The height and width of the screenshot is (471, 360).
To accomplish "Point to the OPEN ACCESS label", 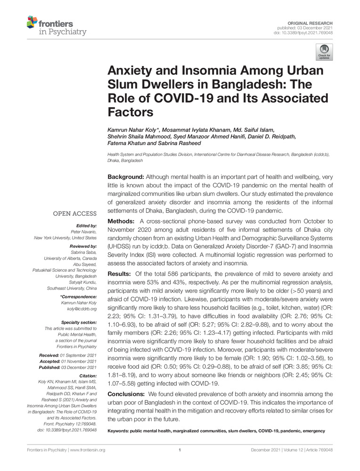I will [x=76, y=214].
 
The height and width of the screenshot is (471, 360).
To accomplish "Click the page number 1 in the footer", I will [x=180, y=450].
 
